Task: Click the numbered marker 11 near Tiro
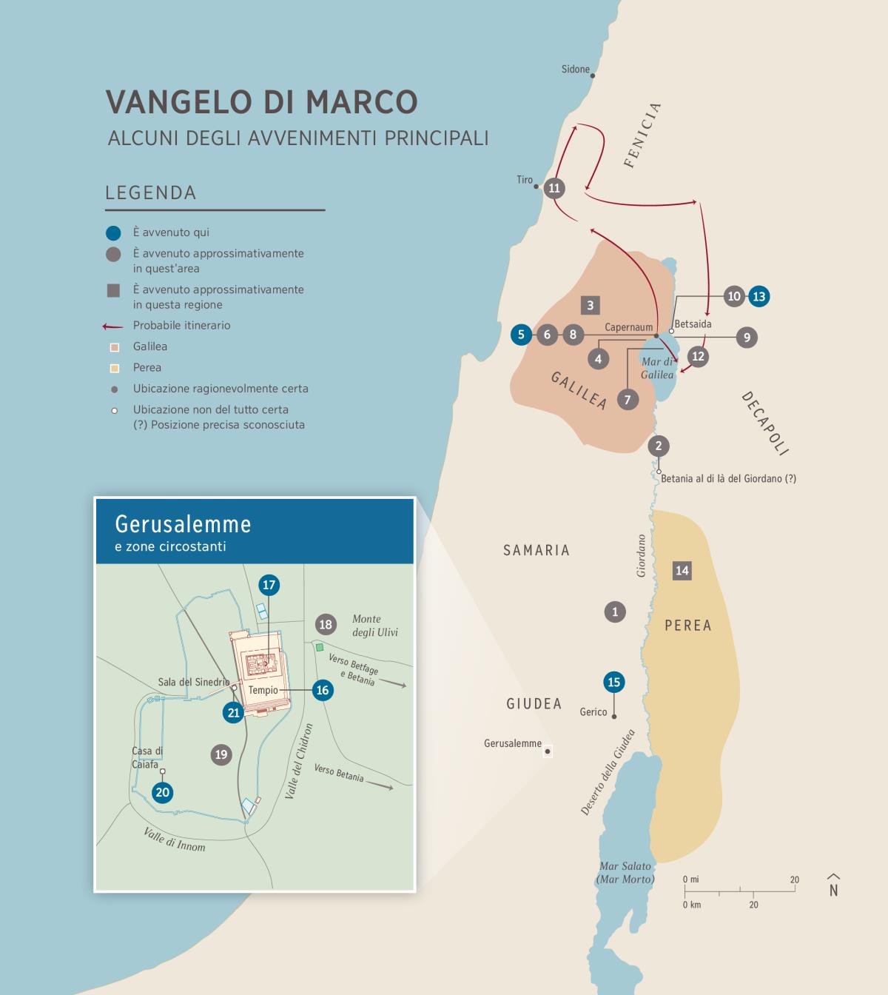tap(554, 188)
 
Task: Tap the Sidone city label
tap(575, 70)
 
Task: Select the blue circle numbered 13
tap(758, 296)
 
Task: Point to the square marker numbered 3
tap(590, 305)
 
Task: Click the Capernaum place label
tap(628, 327)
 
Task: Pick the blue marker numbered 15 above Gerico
tap(613, 682)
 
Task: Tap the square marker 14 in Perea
tap(682, 570)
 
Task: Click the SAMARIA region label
tap(536, 550)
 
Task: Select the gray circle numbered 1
tap(615, 612)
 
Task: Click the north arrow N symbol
tap(833, 886)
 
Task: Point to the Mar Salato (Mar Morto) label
tap(625, 872)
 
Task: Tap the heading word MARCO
tap(363, 102)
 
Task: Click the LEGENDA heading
tap(151, 193)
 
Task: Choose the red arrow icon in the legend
tap(112, 326)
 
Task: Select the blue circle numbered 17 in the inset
tap(269, 585)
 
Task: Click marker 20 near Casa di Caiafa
tap(162, 792)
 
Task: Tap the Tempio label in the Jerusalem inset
tap(263, 690)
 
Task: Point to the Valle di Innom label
tap(175, 840)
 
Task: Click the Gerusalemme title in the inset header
tap(183, 524)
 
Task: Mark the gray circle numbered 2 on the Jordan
tap(658, 446)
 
